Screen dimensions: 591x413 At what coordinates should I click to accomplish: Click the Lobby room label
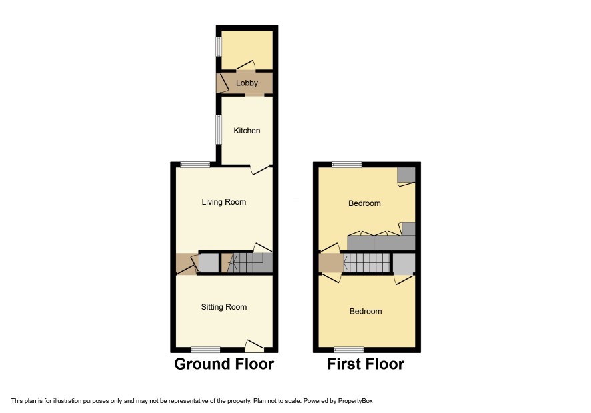point(247,83)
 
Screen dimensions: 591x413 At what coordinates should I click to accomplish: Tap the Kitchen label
point(247,131)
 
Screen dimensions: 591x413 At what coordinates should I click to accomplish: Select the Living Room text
point(224,202)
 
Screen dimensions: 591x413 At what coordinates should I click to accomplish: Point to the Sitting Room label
point(224,307)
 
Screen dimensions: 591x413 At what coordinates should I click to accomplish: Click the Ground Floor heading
point(224,364)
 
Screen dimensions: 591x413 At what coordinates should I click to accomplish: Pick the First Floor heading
point(366,364)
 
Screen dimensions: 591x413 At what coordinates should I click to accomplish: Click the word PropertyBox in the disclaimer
point(355,401)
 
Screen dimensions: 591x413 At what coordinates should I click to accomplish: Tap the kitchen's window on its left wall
point(219,129)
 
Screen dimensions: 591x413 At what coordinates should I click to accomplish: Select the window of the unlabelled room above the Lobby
point(219,47)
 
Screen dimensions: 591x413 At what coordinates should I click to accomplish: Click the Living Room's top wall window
point(195,164)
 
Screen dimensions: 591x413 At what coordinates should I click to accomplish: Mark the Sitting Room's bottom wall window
point(205,350)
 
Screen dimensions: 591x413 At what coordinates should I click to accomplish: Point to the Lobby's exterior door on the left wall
point(223,83)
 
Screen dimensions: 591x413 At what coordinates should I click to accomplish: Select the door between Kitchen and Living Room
point(261,169)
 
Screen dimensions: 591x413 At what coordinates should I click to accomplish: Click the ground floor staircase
point(249,262)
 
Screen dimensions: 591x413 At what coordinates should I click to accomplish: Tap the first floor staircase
point(367,262)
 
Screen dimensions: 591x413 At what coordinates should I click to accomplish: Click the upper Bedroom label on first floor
point(364,203)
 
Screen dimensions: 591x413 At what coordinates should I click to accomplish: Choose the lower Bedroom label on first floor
point(366,311)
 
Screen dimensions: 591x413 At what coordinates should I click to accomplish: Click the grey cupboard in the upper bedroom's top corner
point(407,175)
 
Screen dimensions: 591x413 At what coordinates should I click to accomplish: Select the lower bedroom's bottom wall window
point(349,350)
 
